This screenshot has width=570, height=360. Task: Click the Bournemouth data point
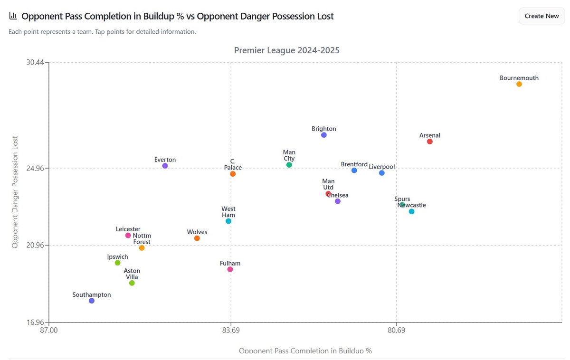(x=519, y=84)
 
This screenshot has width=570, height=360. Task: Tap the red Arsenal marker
(x=429, y=142)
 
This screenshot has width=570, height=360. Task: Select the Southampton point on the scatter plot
(x=92, y=301)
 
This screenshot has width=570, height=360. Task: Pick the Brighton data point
(x=323, y=135)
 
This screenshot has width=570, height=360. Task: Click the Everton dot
(x=165, y=166)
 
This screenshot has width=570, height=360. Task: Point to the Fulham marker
(x=230, y=269)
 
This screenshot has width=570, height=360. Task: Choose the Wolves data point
(x=197, y=238)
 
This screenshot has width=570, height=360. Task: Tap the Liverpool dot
(x=381, y=173)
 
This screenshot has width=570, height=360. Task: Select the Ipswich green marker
(x=117, y=263)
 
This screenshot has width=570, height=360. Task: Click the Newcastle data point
(x=411, y=211)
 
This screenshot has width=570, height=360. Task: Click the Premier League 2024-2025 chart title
(x=286, y=50)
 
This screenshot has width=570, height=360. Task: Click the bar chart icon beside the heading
(x=13, y=16)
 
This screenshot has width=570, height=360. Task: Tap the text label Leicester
(x=128, y=229)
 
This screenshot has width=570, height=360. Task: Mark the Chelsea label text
(x=338, y=195)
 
